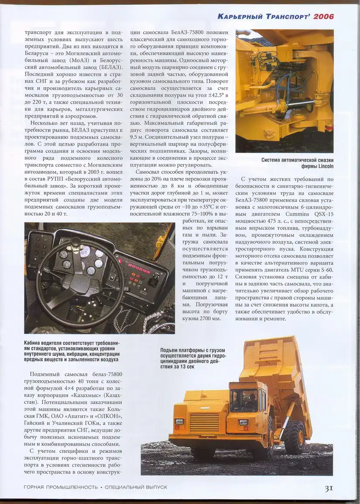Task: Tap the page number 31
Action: [x=329, y=488]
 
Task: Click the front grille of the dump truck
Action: [x=204, y=422]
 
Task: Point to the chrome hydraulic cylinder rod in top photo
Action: [x=301, y=103]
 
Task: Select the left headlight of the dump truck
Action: [x=179, y=422]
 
